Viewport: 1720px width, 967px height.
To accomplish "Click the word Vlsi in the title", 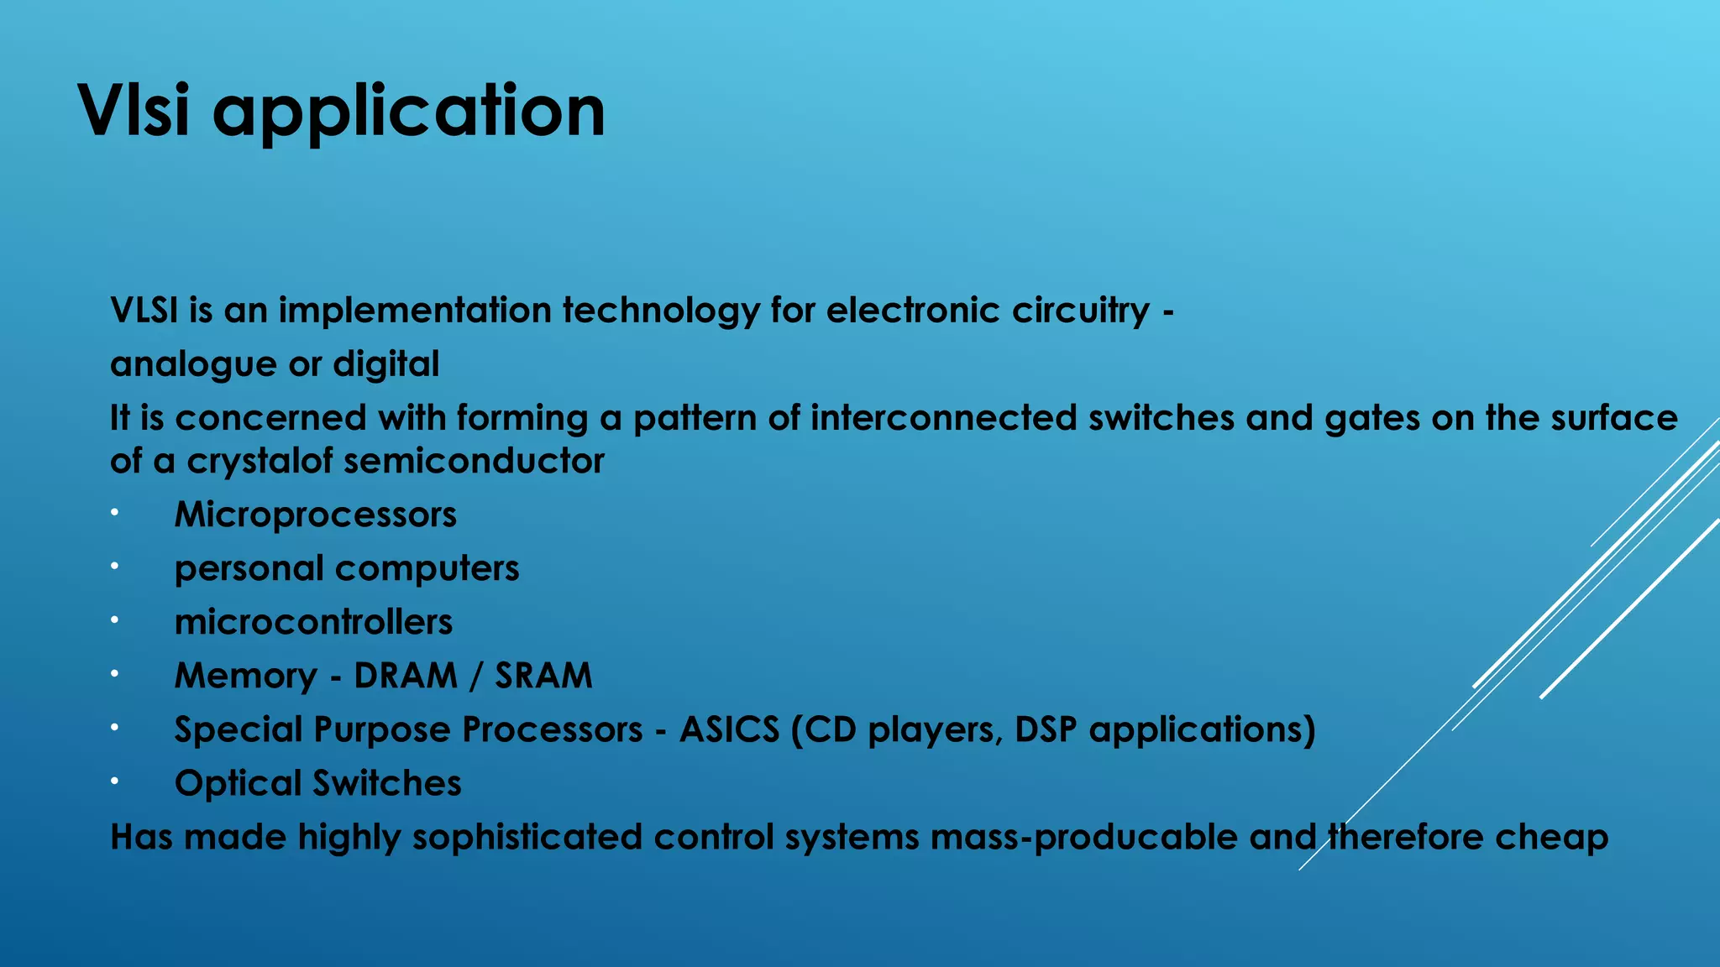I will point(134,111).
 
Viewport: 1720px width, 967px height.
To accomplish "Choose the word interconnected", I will point(943,418).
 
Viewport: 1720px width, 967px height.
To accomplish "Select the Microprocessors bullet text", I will point(315,515).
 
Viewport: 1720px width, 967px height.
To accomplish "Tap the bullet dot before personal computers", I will point(114,566).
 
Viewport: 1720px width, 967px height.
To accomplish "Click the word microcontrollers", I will point(313,622).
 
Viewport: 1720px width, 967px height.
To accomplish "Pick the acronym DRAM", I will point(405,676).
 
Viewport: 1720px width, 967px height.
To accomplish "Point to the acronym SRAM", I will point(543,676).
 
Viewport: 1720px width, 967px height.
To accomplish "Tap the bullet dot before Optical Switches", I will point(114,781).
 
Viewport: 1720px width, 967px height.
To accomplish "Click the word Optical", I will point(238,784).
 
